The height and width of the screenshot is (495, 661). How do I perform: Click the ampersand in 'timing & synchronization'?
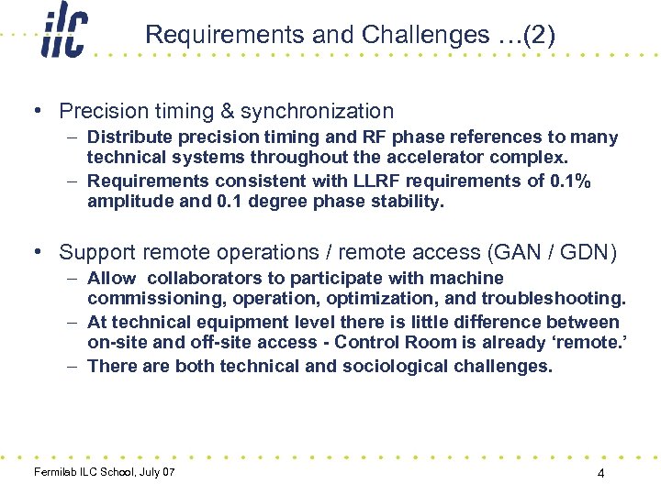(227, 112)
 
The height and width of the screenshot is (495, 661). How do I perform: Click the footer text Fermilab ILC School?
(84, 472)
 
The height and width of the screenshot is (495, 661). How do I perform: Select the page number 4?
(599, 474)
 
